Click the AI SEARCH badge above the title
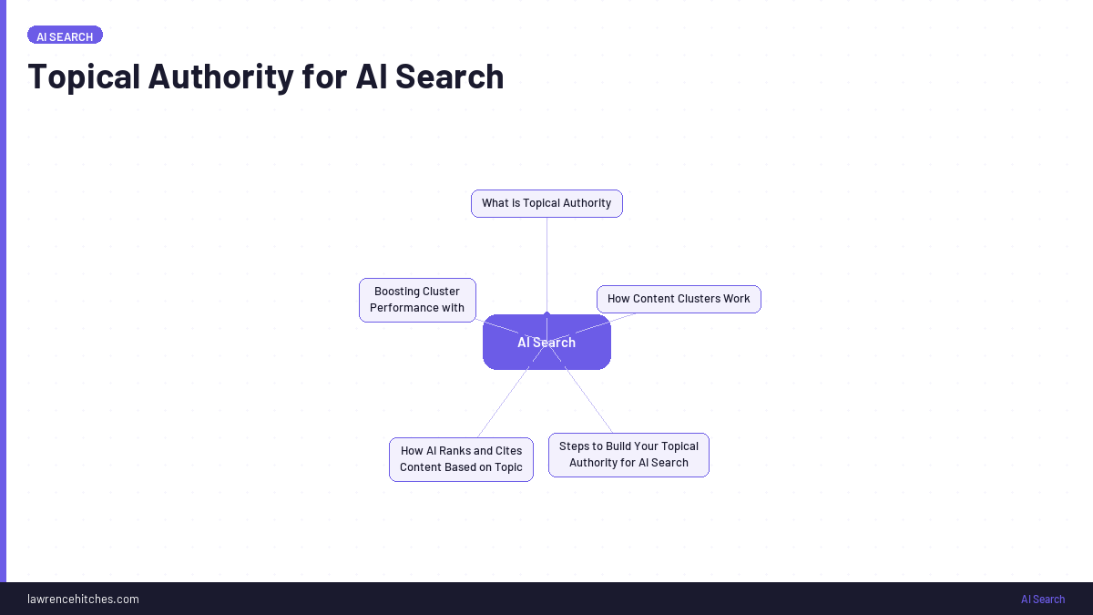[65, 36]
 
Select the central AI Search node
[546, 343]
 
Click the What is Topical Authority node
[546, 203]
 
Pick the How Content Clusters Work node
[679, 299]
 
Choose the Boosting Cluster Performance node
[417, 300]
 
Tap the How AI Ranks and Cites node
[461, 459]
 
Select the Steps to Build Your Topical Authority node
[628, 455]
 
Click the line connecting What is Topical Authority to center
[546, 264]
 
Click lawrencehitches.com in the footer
[83, 599]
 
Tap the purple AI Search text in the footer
[1042, 600]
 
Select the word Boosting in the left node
[397, 292]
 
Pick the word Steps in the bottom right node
[574, 446]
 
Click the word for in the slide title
[324, 77]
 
